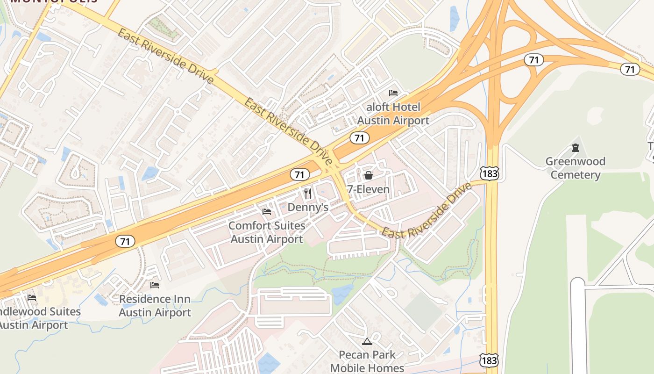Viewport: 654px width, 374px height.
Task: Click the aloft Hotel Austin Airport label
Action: point(393,114)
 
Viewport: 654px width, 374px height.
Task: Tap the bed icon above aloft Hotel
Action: point(393,93)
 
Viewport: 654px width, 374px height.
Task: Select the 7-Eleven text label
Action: point(368,189)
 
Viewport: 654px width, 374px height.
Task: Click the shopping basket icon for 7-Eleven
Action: point(368,175)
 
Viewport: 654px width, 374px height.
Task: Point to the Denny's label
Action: point(308,207)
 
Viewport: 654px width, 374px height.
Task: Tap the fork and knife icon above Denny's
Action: point(308,193)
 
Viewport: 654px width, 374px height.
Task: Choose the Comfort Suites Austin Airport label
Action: point(267,232)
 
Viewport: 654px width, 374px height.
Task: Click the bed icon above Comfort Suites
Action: point(267,212)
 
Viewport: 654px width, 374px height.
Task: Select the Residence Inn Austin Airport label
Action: point(155,306)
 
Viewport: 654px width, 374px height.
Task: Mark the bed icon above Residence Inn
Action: point(155,285)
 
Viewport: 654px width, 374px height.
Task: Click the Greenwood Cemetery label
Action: point(576,168)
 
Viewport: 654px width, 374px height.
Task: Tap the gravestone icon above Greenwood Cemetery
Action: point(576,148)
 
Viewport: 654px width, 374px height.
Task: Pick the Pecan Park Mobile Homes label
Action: point(367,361)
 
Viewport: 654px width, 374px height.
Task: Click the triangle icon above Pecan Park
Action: point(367,341)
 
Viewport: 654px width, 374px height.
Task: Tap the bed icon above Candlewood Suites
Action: point(32,297)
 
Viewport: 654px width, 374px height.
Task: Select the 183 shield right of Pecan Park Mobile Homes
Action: point(488,360)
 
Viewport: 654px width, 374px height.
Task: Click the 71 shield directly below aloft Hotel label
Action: point(359,138)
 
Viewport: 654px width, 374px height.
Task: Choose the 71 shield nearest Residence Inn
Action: point(125,241)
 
